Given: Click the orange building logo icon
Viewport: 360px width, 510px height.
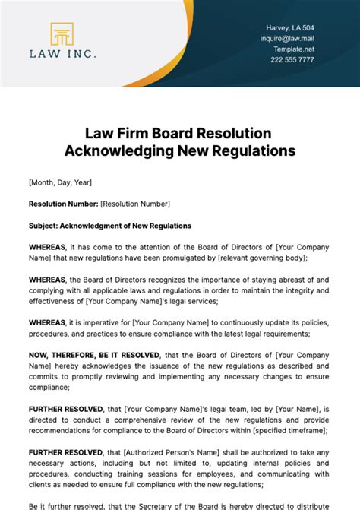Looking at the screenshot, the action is pyautogui.click(x=62, y=34).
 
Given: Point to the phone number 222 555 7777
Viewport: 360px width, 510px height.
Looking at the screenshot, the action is pyautogui.click(x=293, y=59).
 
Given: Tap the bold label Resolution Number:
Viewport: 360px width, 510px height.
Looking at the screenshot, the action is pyautogui.click(x=63, y=204).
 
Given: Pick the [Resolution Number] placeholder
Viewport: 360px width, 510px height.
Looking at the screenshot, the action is pyautogui.click(x=135, y=204).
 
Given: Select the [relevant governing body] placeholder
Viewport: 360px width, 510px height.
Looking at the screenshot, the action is pyautogui.click(x=261, y=258).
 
